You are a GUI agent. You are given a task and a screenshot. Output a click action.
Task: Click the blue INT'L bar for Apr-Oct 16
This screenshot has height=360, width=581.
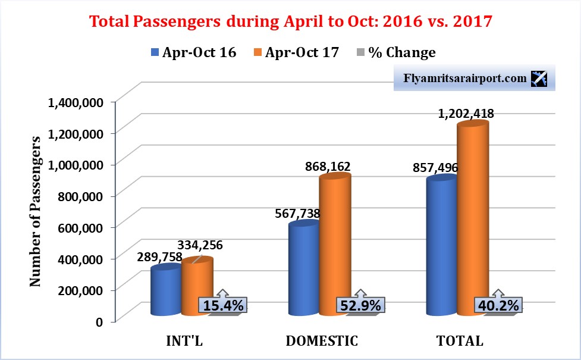pyautogui.click(x=166, y=292)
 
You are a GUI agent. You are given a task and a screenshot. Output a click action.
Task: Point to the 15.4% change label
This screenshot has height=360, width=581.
pyautogui.click(x=222, y=306)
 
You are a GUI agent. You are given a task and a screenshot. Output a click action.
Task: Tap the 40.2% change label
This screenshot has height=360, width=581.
pyautogui.click(x=498, y=306)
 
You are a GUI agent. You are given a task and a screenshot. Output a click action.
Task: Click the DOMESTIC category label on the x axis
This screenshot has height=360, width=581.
pyautogui.click(x=322, y=341)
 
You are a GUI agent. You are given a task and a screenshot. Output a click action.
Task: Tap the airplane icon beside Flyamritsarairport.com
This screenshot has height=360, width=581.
pyautogui.click(x=540, y=79)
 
